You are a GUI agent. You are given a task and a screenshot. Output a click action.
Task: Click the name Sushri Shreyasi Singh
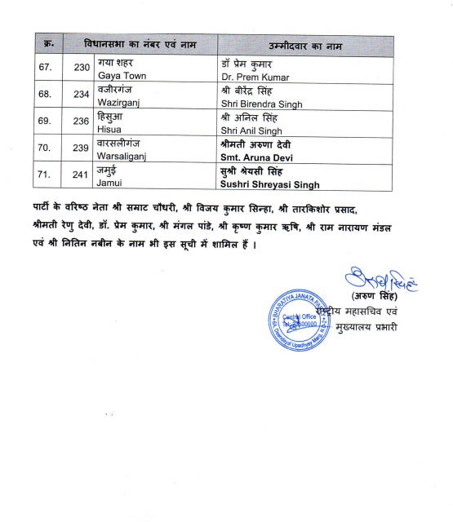click(274, 186)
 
